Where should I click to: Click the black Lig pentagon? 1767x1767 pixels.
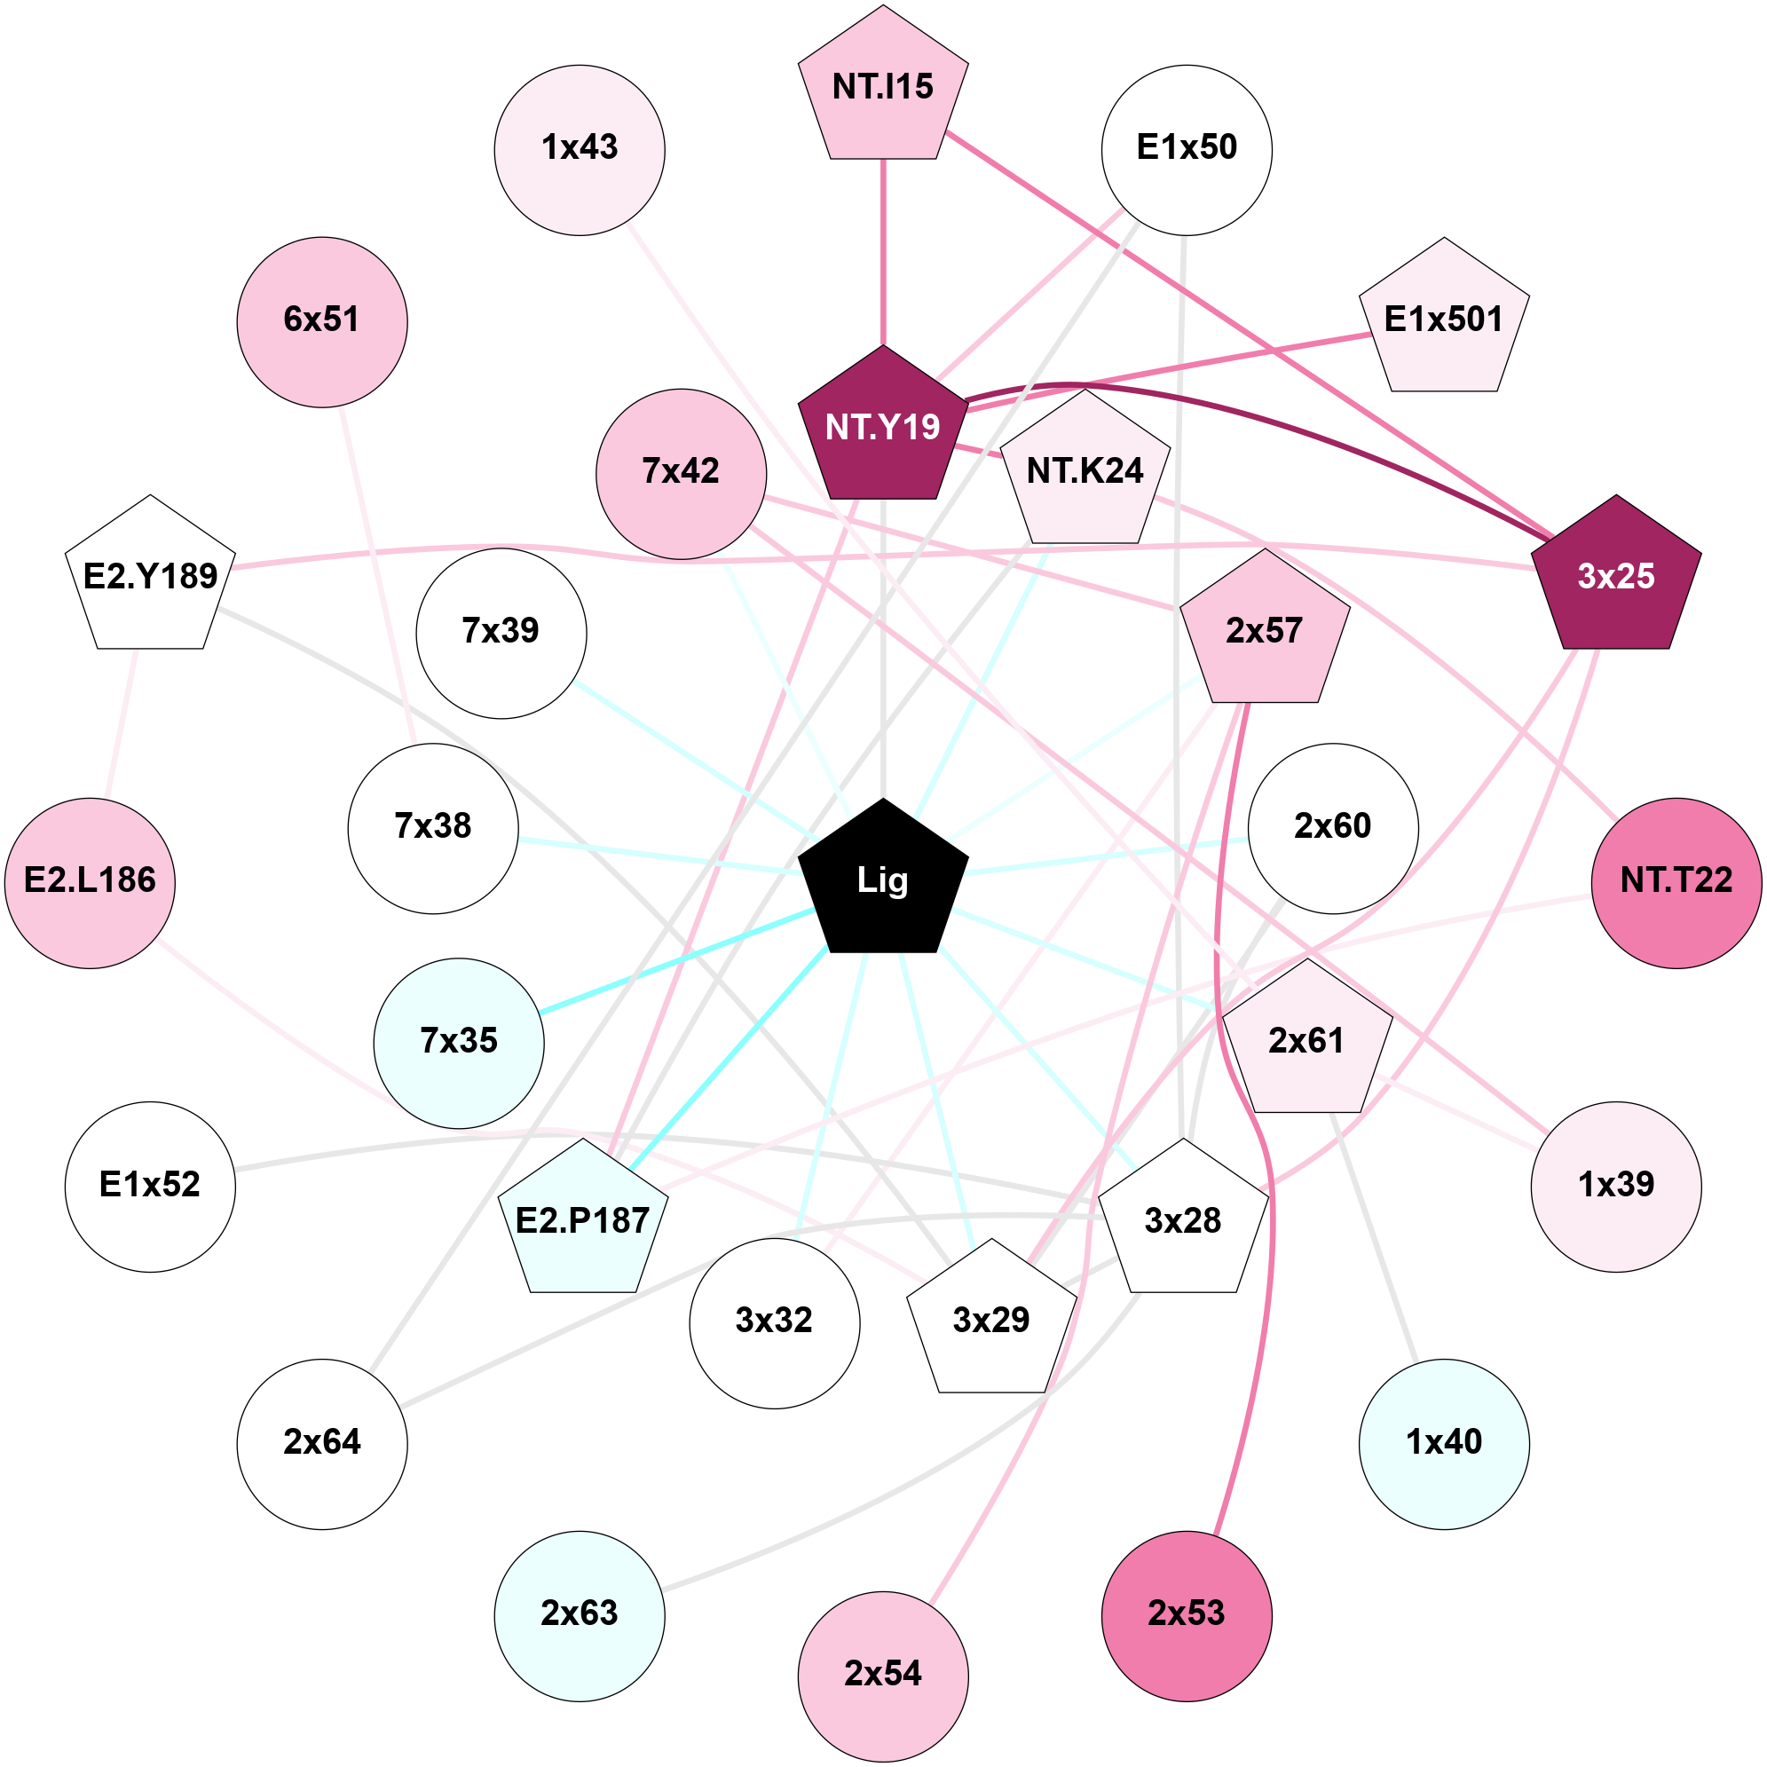point(882,880)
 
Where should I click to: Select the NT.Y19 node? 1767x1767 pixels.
point(882,427)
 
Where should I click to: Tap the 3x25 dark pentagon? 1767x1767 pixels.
point(1616,576)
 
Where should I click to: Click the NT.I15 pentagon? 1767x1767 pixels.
point(882,87)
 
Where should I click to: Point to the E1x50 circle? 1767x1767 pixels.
point(1187,149)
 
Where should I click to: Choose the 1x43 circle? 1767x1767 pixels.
point(579,149)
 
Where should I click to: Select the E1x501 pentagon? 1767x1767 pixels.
point(1444,320)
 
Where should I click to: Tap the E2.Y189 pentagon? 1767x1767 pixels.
point(150,576)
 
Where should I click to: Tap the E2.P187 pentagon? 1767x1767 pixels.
point(582,1220)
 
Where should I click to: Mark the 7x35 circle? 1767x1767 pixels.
point(458,1043)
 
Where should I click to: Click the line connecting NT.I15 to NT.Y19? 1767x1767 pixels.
point(882,251)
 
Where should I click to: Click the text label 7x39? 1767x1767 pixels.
point(501,631)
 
